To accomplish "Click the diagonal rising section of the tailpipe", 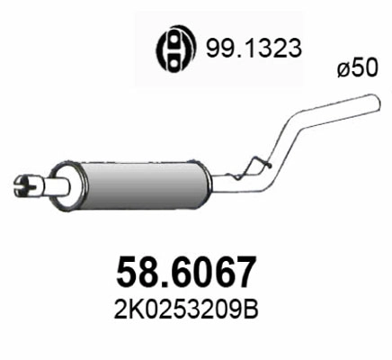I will coord(289,134).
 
